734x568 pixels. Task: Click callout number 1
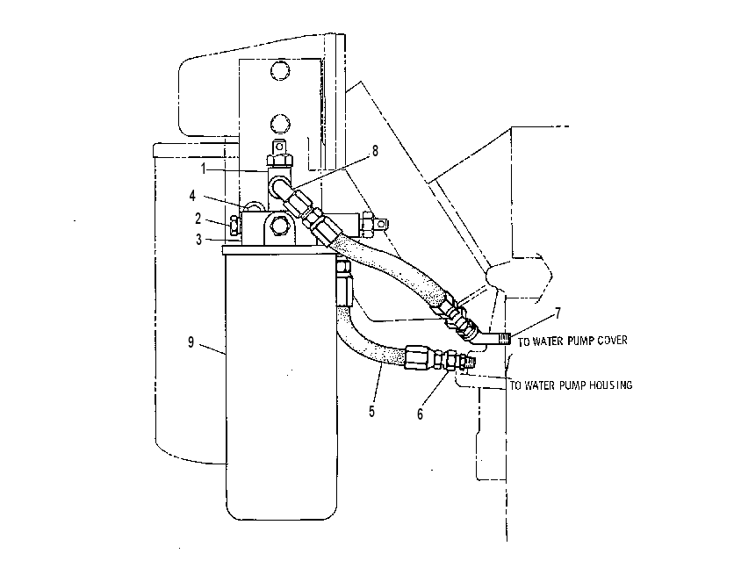coord(203,169)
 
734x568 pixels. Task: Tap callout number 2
coord(198,219)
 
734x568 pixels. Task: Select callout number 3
coord(199,240)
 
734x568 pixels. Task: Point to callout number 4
coord(192,196)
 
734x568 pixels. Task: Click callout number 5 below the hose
coord(371,412)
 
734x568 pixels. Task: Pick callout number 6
coord(420,414)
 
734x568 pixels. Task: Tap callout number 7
coord(558,313)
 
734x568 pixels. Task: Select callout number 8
coord(375,151)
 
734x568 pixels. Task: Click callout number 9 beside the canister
coord(191,342)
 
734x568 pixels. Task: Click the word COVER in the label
coord(612,340)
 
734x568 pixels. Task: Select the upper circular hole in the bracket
coord(280,70)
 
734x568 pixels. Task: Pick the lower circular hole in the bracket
coord(280,124)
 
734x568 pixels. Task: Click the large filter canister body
coord(281,384)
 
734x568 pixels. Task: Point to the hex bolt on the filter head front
coord(280,226)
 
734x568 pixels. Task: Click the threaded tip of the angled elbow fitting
coord(505,338)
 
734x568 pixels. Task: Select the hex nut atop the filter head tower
coord(280,161)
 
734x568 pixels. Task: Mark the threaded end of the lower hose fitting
coord(471,363)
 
